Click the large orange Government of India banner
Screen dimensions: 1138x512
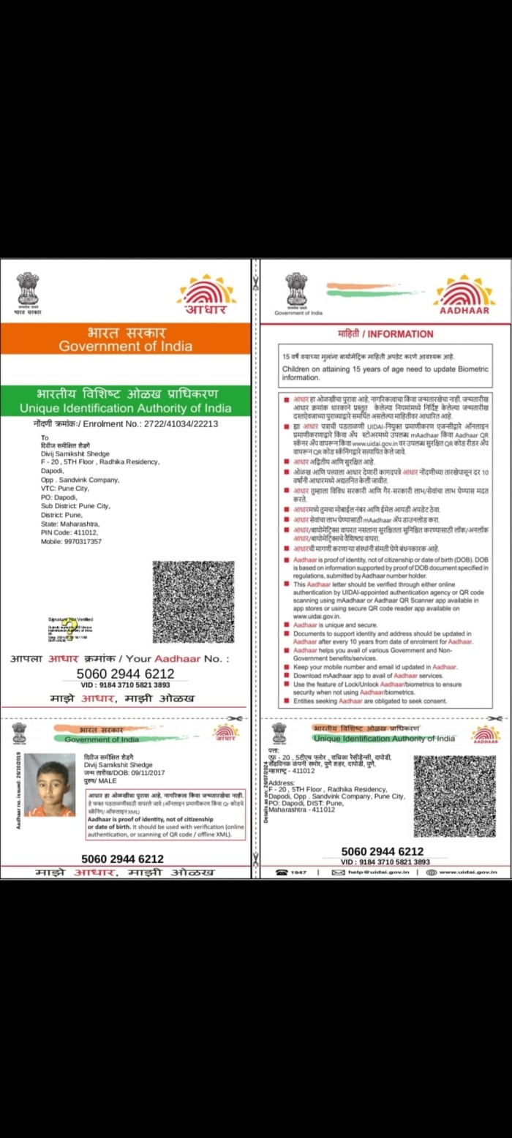pyautogui.click(x=125, y=339)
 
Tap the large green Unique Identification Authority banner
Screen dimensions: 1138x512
pyautogui.click(x=125, y=401)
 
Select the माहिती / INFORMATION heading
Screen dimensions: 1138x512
pyautogui.click(x=380, y=334)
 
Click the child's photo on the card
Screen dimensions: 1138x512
pyautogui.click(x=50, y=785)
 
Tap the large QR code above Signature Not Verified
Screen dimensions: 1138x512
pyautogui.click(x=193, y=602)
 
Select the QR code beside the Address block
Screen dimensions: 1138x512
pyautogui.click(x=454, y=796)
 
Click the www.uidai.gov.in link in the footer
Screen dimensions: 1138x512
pyautogui.click(x=468, y=872)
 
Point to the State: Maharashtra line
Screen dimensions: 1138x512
pyautogui.click(x=70, y=524)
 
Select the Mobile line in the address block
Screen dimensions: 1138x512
pyautogui.click(x=71, y=541)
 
